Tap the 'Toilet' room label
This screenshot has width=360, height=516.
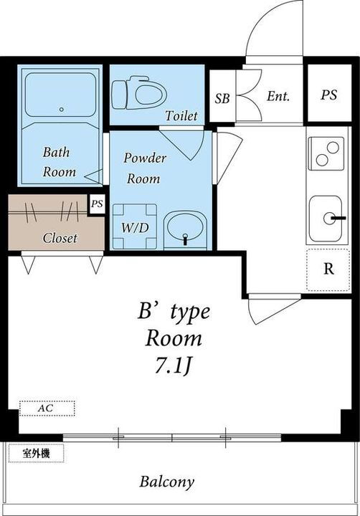(x=181, y=116)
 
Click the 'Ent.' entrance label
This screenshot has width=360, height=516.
(x=278, y=96)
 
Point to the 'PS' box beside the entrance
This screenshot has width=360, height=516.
(x=329, y=95)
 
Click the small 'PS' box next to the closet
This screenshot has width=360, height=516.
(x=97, y=204)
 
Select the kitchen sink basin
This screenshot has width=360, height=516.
(x=329, y=219)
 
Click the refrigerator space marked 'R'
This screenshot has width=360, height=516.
(x=328, y=269)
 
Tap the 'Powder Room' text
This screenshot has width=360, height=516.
(x=144, y=168)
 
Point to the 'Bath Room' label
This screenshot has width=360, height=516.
(x=59, y=162)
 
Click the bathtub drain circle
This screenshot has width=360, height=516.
(x=62, y=110)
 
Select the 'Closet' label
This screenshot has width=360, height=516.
(x=60, y=238)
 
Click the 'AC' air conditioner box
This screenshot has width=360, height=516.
(x=47, y=408)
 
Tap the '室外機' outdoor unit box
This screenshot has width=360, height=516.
(x=35, y=453)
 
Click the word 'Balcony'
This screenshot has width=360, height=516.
(x=166, y=482)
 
